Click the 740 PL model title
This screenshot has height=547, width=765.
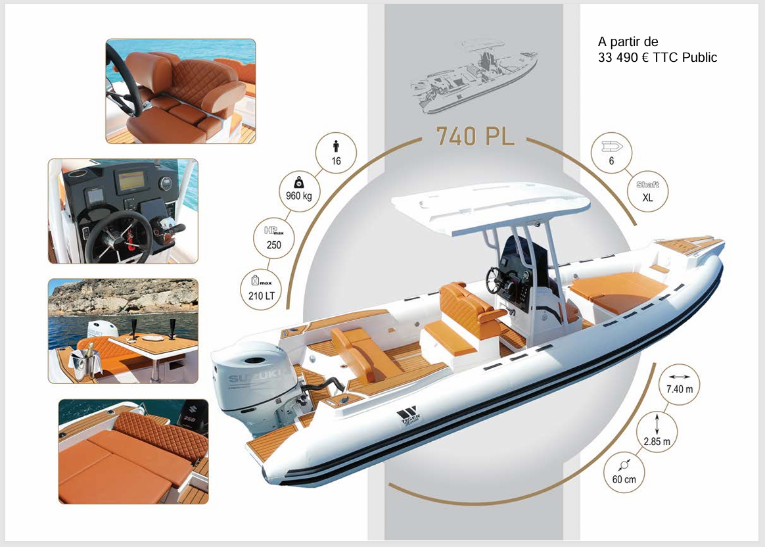click(x=475, y=137)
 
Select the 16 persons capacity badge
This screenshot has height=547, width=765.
click(x=336, y=153)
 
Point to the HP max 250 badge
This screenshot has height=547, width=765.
click(x=273, y=238)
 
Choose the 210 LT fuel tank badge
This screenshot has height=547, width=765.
click(x=262, y=289)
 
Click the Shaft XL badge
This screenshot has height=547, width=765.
click(x=647, y=191)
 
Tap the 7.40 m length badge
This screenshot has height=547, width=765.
click(x=679, y=384)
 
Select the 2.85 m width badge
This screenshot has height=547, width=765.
click(x=657, y=431)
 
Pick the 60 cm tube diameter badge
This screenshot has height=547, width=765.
click(x=624, y=472)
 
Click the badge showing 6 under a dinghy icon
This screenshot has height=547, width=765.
click(x=611, y=153)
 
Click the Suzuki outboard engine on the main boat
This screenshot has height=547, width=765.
click(x=249, y=385)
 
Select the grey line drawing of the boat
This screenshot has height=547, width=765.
click(x=473, y=77)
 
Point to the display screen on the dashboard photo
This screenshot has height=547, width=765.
click(x=131, y=181)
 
